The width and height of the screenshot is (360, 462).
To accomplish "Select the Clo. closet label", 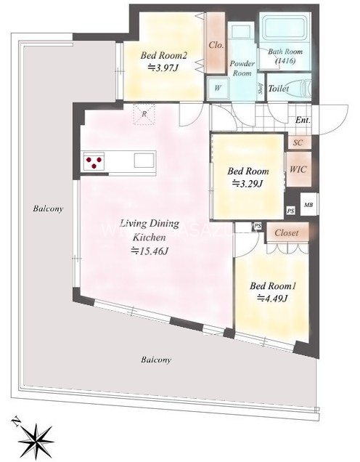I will (x=216, y=45).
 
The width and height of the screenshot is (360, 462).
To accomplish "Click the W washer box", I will (x=216, y=89).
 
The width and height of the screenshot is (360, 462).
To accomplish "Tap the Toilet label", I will (x=278, y=89).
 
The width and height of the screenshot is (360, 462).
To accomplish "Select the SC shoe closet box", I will (x=298, y=143).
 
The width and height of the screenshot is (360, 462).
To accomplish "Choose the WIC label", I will (x=298, y=169).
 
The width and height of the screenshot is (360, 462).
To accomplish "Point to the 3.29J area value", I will (x=247, y=184).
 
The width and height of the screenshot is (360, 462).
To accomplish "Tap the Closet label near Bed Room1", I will (x=288, y=234).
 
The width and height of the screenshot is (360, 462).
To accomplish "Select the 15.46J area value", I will (x=150, y=251).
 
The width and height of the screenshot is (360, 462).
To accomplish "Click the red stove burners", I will (x=94, y=161).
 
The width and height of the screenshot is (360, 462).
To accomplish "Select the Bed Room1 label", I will (x=269, y=285).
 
